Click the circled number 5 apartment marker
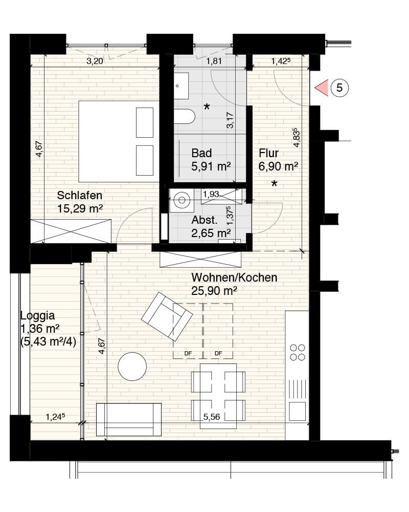pos(339,88)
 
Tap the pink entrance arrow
pos(322,88)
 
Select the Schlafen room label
pos(80,195)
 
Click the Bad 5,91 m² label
pos(211,160)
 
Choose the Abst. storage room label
pos(211,227)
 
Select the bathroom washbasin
pos(181,86)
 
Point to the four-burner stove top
pos(298,352)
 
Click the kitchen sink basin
pos(297,411)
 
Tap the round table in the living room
pos(132,367)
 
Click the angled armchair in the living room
pos(167,316)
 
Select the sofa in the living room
pos(129,419)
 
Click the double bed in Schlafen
pos(119,141)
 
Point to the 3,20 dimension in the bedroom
pos(95,61)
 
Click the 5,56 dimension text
pos(211,417)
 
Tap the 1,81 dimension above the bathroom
pos(214,61)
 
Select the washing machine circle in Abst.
pos(181,200)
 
